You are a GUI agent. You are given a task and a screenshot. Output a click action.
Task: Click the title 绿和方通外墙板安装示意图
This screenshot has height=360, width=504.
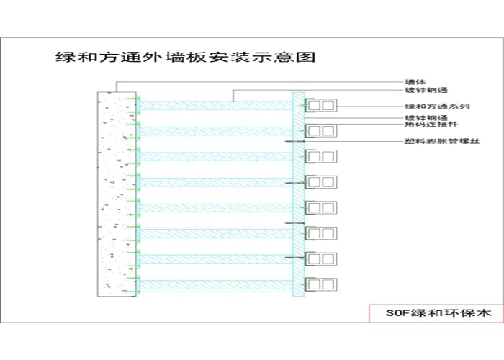(186, 57)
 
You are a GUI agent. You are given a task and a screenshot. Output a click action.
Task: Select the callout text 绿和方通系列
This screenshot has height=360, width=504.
(428, 106)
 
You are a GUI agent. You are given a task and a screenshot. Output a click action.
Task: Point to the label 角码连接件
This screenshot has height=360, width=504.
(425, 125)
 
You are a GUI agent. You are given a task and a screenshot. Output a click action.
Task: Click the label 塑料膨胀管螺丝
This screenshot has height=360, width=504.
(431, 141)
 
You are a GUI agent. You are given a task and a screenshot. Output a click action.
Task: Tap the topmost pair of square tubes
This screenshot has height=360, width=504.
(321, 105)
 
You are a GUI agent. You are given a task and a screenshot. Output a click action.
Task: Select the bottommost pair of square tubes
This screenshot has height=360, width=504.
(321, 284)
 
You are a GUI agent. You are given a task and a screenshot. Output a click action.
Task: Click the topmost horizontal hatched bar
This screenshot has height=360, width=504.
(216, 105)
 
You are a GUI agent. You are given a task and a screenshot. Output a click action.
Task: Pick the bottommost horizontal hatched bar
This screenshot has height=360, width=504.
(216, 284)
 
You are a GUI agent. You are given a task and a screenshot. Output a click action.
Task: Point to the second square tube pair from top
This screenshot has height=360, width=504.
(321, 130)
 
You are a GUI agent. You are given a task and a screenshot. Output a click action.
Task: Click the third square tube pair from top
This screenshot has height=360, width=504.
(321, 156)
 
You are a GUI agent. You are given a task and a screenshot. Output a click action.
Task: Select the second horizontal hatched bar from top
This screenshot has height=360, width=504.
(216, 131)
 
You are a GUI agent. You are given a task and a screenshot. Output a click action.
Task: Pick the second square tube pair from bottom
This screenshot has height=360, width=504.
(321, 258)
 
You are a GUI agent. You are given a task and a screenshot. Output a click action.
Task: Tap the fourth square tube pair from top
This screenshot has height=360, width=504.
(321, 181)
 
